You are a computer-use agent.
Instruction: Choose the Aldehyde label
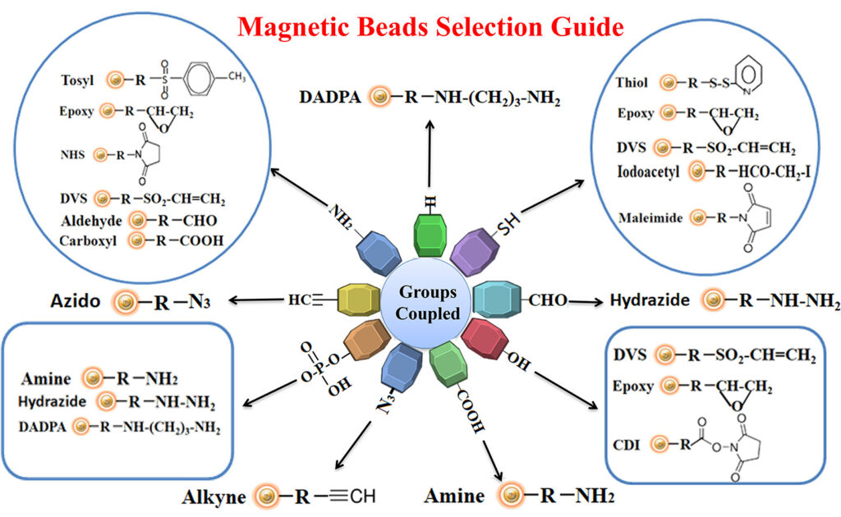pos(91,222)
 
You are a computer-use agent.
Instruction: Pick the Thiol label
pos(633,83)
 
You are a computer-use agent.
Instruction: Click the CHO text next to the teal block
pos(547,300)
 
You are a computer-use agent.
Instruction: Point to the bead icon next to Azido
pos(126,303)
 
